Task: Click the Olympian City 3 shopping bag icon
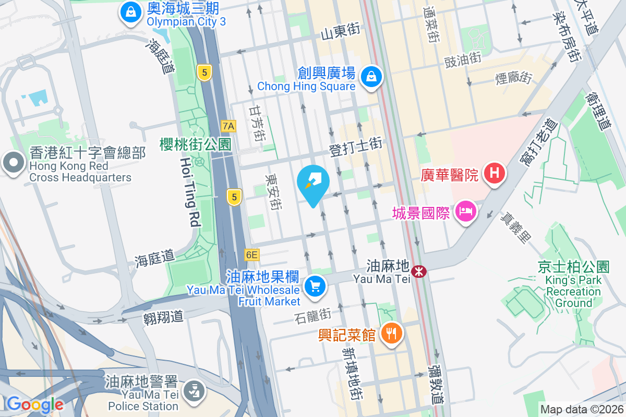(129, 11)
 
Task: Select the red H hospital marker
(493, 174)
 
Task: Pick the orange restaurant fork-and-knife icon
(391, 332)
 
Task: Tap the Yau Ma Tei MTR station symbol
(418, 271)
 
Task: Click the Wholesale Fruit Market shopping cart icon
(315, 286)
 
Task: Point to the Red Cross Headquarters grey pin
(13, 163)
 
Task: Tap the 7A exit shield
(228, 126)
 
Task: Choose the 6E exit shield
(251, 255)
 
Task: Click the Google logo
(35, 404)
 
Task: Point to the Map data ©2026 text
(582, 410)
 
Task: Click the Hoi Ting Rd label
(190, 192)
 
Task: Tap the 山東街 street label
(341, 33)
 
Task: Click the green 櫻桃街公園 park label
(196, 144)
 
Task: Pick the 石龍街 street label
(313, 315)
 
